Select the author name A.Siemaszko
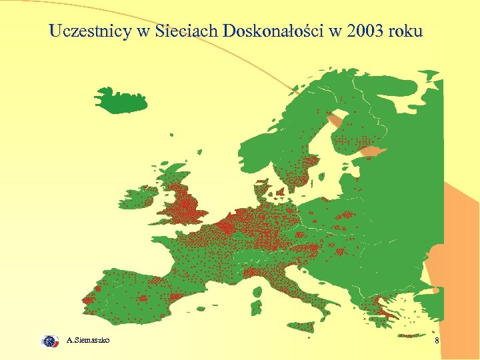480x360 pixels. tap(89, 341)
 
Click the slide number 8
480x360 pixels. tap(437, 341)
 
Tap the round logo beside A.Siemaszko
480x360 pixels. tap(49, 341)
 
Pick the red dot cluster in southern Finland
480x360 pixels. tap(360, 141)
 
